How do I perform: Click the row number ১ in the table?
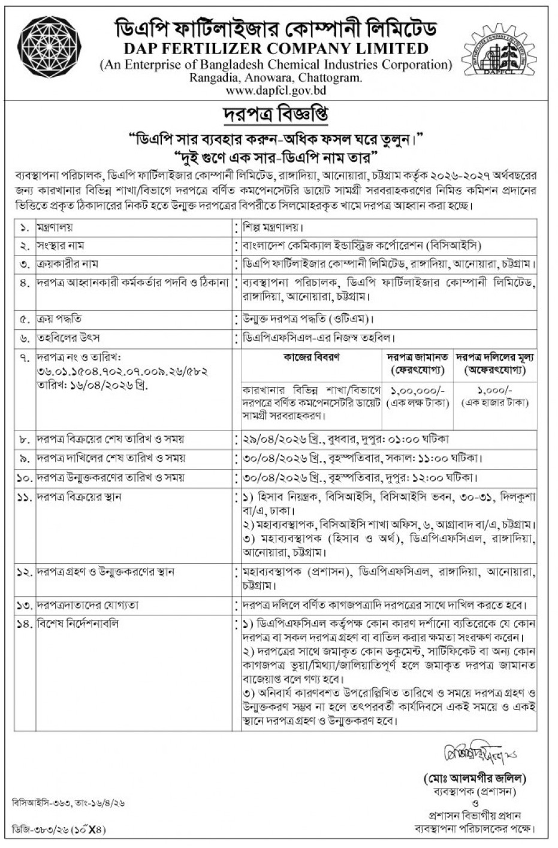pyautogui.click(x=25, y=228)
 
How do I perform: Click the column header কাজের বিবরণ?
pyautogui.click(x=310, y=357)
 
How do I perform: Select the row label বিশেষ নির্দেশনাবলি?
pyautogui.click(x=78, y=624)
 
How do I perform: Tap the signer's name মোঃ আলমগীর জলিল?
pyautogui.click(x=475, y=779)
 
